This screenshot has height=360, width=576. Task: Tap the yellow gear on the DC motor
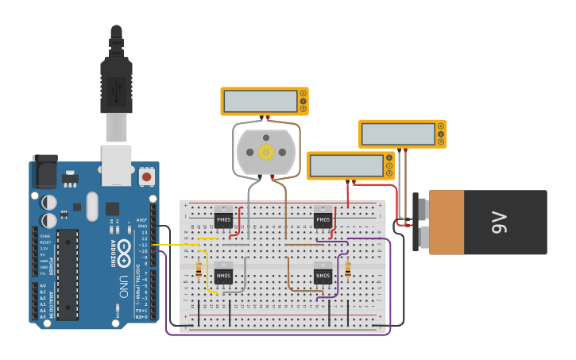coord(265,151)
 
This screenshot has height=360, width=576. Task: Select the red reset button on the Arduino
coord(146,175)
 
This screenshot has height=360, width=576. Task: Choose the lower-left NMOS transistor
coord(223,276)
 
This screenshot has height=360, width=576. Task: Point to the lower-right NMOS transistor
coord(323,275)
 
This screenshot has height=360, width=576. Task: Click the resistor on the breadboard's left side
coord(198,271)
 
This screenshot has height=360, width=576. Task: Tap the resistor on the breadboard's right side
coord(348,270)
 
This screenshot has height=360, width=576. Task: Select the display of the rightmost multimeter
coord(396,134)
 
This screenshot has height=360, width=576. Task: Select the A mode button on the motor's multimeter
coord(302,94)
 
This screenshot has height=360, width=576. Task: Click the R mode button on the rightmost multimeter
coord(440,141)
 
